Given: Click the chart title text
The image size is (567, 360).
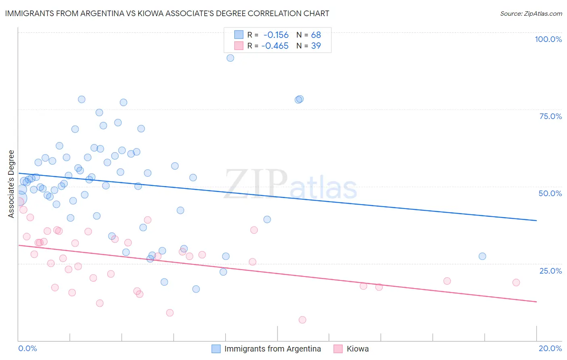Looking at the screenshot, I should (167, 13).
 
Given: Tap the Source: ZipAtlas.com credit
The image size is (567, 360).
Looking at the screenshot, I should (531, 13).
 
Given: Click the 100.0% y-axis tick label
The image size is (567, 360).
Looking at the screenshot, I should (548, 39).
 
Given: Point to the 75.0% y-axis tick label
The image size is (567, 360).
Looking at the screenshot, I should (550, 116).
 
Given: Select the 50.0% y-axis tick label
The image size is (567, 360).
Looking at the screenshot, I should (550, 193).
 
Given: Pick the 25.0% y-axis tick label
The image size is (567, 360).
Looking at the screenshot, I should (550, 270).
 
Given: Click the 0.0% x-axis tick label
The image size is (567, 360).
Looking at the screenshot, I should (27, 348).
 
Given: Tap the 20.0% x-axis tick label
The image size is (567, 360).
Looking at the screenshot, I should (550, 348).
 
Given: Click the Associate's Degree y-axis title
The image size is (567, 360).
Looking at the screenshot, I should (11, 184).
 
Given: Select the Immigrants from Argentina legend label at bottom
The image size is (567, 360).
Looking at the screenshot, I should (273, 349).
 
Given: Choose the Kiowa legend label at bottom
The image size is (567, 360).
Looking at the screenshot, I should (358, 349).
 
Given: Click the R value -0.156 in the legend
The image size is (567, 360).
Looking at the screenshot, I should (276, 35).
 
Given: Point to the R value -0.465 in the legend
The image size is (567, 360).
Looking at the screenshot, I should (275, 46).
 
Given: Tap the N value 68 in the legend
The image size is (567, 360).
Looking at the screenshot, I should (316, 35).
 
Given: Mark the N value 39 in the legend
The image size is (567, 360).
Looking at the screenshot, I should (316, 46).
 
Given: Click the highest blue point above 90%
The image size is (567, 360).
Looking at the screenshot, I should (230, 58).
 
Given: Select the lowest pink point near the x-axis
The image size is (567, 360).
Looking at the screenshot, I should (302, 320).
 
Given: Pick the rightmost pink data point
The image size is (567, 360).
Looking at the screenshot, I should (516, 283).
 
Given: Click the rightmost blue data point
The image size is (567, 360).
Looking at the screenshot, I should (482, 256).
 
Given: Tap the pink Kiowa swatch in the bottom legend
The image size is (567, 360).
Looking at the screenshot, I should (338, 349).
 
